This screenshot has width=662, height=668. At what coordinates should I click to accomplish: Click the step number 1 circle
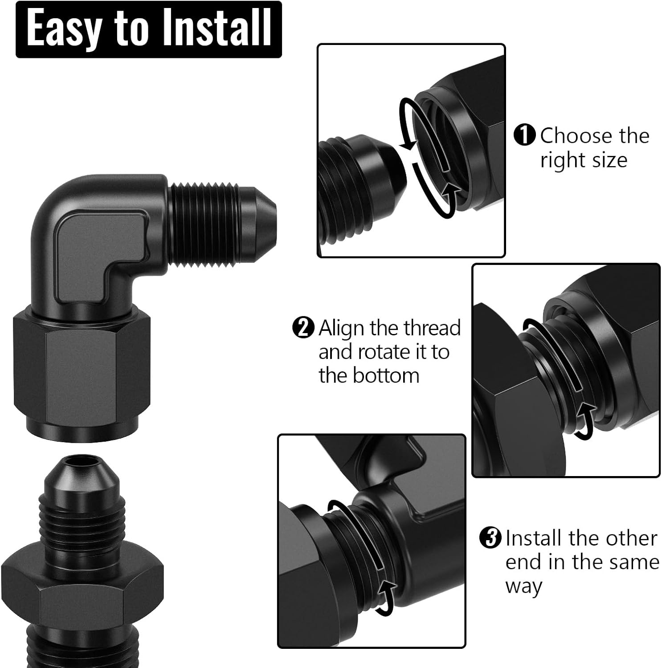click(524, 135)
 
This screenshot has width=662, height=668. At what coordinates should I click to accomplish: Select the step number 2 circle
click(303, 328)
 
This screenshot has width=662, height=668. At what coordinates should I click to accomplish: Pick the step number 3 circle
click(490, 538)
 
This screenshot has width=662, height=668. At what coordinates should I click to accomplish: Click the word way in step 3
click(523, 587)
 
